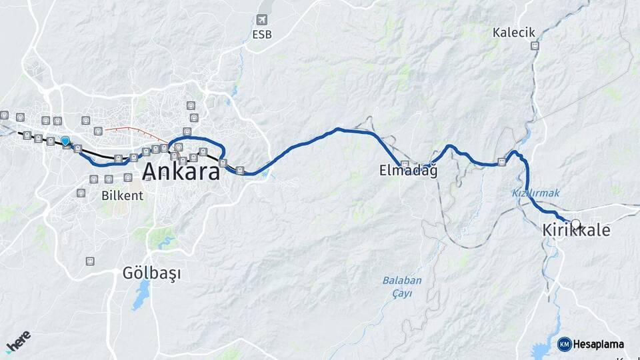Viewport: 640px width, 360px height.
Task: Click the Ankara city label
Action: [181, 172]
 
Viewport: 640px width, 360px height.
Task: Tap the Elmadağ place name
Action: [408, 171]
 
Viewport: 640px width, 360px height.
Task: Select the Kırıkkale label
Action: [576, 231]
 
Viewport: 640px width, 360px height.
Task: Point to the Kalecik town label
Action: [514, 32]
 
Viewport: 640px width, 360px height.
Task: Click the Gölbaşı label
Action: [152, 273]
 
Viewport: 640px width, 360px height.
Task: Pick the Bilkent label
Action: [122, 196]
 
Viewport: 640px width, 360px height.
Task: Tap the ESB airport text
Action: [262, 35]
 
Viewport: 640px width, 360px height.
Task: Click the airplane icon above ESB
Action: [262, 21]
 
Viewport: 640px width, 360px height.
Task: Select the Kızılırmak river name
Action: [536, 193]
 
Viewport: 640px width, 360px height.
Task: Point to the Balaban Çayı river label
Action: [402, 286]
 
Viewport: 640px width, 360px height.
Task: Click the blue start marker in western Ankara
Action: [65, 141]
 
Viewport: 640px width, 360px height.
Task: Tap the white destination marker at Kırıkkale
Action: [576, 225]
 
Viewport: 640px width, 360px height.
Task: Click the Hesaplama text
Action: [599, 345]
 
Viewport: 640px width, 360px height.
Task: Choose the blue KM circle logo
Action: [565, 345]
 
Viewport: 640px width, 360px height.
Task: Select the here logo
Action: [19, 341]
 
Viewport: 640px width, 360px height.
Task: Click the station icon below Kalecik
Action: [535, 46]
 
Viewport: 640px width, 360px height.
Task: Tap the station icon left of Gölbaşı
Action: [90, 261]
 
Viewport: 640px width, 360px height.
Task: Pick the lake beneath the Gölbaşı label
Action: [141, 296]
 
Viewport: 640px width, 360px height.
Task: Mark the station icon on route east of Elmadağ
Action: [501, 162]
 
